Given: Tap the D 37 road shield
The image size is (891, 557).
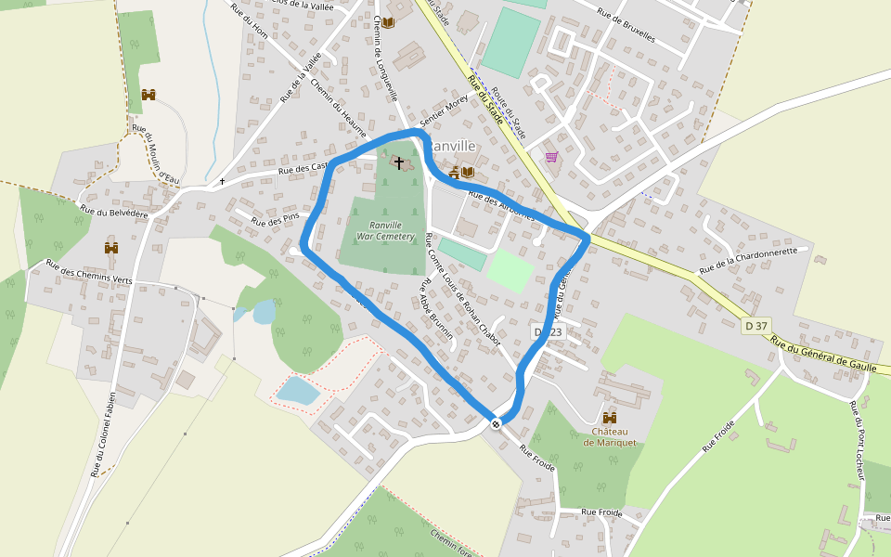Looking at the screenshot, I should coord(755,326).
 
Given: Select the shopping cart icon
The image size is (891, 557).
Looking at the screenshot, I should coord(552,157).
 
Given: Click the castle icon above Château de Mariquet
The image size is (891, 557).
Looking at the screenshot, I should coord(610,419).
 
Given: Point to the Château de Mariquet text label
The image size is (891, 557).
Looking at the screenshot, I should coord(610,437).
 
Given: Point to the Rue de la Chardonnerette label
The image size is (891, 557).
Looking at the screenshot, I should coord(748,260).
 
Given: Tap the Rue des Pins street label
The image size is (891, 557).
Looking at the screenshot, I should coord(276,220).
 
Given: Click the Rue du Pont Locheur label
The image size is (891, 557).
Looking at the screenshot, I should coord(858,441).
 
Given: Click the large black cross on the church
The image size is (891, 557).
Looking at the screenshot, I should coord(399,163).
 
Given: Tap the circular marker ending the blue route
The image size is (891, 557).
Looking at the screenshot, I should coord(497,424).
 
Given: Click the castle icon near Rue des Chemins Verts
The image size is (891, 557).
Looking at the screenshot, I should coord(111,248).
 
